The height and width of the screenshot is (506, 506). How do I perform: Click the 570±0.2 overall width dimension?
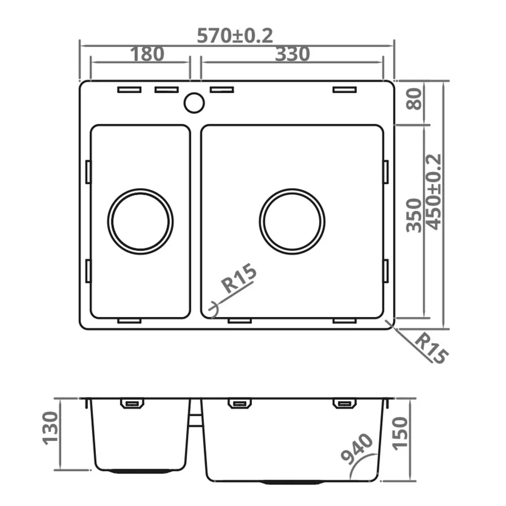[235, 35]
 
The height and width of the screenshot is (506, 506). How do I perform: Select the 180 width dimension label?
[147, 54]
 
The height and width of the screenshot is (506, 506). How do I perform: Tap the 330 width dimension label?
[292, 54]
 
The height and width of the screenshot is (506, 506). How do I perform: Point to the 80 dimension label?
[413, 99]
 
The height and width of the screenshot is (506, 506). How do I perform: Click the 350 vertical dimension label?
[413, 215]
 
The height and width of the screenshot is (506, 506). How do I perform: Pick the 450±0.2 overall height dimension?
[433, 192]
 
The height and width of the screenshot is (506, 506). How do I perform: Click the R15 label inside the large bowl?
[239, 278]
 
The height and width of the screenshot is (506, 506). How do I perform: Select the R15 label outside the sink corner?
[431, 349]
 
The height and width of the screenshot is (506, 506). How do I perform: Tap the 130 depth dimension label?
[51, 428]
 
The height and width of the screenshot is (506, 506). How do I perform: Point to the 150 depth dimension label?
[400, 433]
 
